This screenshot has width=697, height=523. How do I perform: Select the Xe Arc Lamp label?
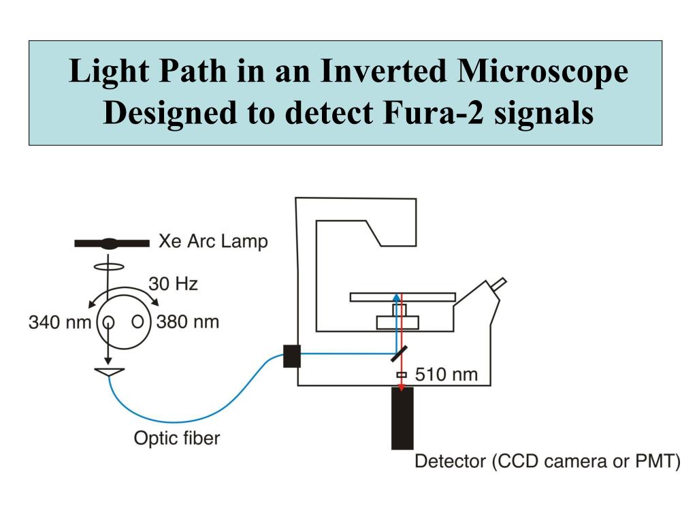(x=213, y=241)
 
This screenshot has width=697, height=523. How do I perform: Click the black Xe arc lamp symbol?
(x=112, y=242)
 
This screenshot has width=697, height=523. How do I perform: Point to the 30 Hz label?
(x=174, y=283)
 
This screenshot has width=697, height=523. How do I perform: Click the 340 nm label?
(x=59, y=321)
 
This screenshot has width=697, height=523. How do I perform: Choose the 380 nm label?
(x=188, y=321)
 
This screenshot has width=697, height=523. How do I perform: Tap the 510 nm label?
(x=447, y=374)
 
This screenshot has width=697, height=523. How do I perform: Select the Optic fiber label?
(x=176, y=438)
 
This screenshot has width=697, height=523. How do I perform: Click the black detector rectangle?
(x=402, y=418)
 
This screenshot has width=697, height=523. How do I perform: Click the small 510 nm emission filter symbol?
(x=402, y=375)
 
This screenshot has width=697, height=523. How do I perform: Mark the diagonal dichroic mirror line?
(x=399, y=353)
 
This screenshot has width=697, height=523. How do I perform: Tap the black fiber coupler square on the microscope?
(x=291, y=356)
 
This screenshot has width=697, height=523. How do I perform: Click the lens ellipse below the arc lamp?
(x=107, y=266)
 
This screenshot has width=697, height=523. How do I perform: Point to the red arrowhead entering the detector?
(x=402, y=387)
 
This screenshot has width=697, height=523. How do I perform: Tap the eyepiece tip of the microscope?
(x=502, y=281)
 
